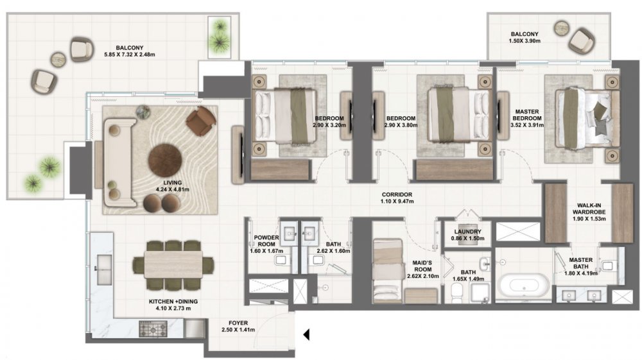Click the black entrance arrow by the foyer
click(x=306, y=334)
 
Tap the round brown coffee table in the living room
click(x=165, y=161)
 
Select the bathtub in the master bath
click(x=524, y=285)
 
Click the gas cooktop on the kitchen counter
click(x=153, y=329)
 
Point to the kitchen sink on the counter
click(x=103, y=269)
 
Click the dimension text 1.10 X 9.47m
click(x=397, y=201)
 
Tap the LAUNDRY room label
click(x=467, y=232)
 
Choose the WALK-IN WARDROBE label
click(x=589, y=209)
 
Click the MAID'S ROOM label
click(x=422, y=266)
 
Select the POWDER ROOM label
click(x=266, y=241)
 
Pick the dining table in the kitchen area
click(x=173, y=264)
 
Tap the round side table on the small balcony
click(x=562, y=28)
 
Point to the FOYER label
click(x=238, y=323)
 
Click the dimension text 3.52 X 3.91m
click(x=527, y=125)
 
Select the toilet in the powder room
click(x=281, y=260)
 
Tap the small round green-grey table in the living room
click(x=143, y=112)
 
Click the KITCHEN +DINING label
click(x=173, y=302)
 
